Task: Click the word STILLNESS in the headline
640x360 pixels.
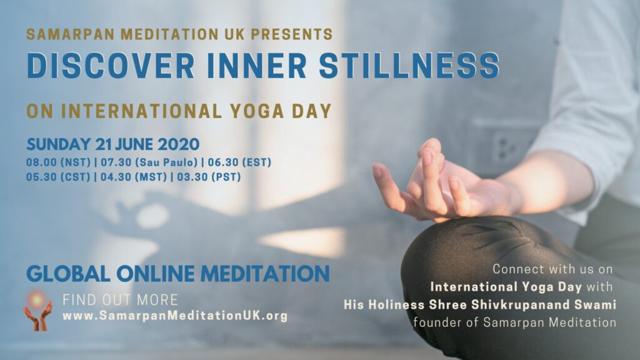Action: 409,65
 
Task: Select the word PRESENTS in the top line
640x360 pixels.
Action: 292,34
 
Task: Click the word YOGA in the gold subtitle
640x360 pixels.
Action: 257,111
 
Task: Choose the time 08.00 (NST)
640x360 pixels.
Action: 58,162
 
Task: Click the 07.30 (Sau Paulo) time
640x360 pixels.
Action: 149,162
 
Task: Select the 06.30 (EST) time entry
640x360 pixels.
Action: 239,162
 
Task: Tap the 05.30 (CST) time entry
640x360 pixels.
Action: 58,177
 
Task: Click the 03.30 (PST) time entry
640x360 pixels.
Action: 209,177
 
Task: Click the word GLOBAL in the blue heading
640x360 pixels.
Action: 68,274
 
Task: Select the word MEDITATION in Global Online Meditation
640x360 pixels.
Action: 265,274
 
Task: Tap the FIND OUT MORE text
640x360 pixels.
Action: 121,300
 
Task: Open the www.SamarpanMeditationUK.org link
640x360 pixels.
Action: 175,316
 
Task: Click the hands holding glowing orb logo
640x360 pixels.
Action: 37,310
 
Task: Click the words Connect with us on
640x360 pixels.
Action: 552,269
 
